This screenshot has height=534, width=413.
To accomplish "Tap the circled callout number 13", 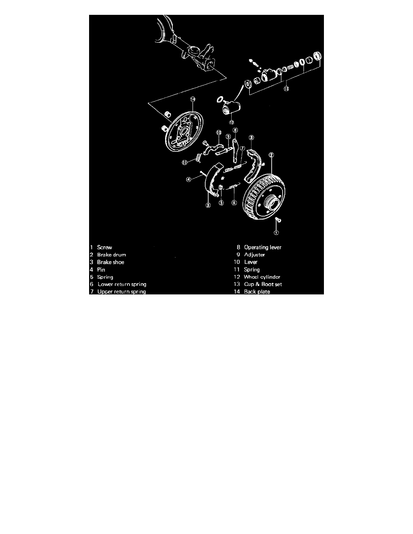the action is (x=286, y=89).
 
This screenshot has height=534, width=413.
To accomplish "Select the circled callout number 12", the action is (x=231, y=122).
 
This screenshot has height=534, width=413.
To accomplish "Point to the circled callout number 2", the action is (x=271, y=156).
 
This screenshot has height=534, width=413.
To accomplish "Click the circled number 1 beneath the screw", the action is (x=276, y=233).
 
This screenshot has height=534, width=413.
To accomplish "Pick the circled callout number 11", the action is (x=184, y=163).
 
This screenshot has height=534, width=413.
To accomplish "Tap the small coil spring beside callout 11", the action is (x=197, y=158).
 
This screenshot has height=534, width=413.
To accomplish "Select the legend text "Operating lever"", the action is (x=263, y=247).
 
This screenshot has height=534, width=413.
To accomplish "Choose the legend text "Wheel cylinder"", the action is (x=262, y=277).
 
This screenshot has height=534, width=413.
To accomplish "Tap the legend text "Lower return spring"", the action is (x=121, y=284).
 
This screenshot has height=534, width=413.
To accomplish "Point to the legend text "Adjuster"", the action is (x=254, y=255).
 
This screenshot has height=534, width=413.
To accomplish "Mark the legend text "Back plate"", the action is (x=257, y=292).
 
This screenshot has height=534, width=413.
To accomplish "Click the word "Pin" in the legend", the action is (x=101, y=270).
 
